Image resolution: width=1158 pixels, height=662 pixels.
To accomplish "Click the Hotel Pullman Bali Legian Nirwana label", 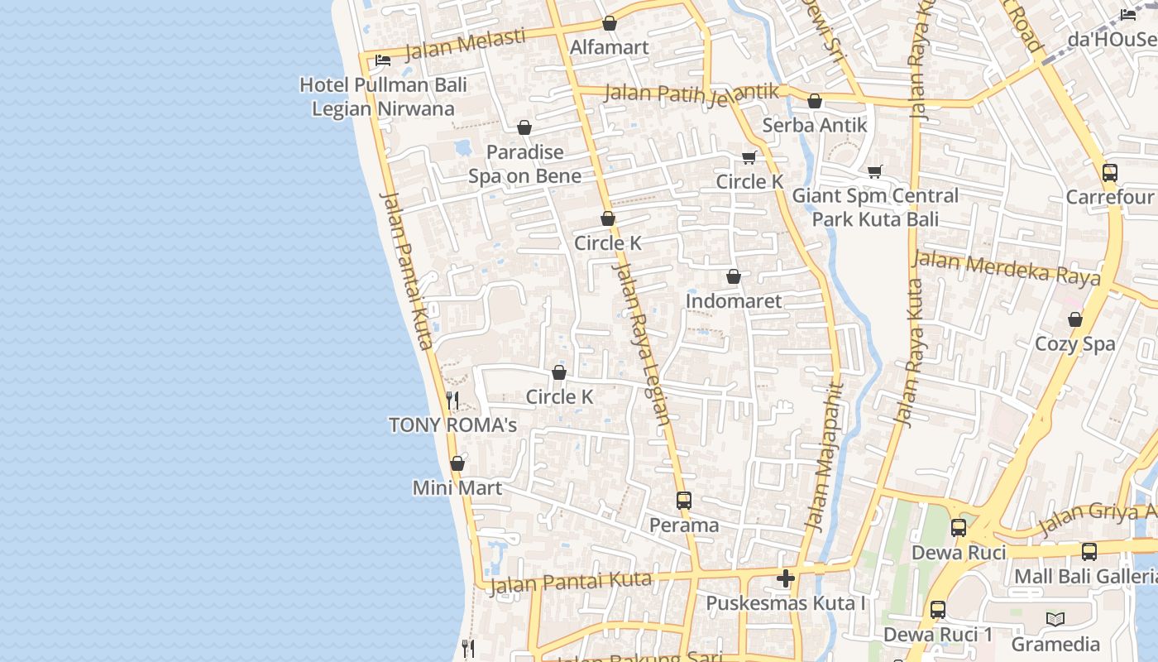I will pyautogui.click(x=383, y=97).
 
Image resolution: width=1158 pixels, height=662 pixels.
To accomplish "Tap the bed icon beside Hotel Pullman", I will pyautogui.click(x=383, y=60).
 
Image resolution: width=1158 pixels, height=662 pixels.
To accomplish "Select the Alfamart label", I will pyautogui.click(x=610, y=47).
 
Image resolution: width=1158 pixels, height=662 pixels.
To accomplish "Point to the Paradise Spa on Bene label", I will pyautogui.click(x=524, y=164).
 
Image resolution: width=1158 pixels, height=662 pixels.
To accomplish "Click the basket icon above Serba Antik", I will pyautogui.click(x=815, y=102).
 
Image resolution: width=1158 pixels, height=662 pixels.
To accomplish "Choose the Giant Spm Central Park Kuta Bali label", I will pyautogui.click(x=875, y=208).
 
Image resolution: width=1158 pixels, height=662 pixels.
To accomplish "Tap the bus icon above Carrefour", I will pyautogui.click(x=1109, y=173).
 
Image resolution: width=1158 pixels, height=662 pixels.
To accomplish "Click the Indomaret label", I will pyautogui.click(x=733, y=301).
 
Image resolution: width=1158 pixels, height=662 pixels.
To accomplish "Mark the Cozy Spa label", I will pyautogui.click(x=1075, y=344).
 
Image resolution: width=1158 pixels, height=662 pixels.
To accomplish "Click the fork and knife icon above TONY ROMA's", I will pyautogui.click(x=452, y=401).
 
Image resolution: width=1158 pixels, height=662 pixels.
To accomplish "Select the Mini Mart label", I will pyautogui.click(x=457, y=488).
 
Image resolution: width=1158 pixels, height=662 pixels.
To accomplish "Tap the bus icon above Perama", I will pyautogui.click(x=684, y=501).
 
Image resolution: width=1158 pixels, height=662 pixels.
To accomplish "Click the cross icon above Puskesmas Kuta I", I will pyautogui.click(x=786, y=578).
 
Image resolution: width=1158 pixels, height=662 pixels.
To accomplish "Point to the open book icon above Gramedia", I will pyautogui.click(x=1055, y=619).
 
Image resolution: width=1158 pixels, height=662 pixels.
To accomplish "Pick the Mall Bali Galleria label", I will pyautogui.click(x=1085, y=577).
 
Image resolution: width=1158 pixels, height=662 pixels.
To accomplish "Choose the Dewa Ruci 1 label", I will pyautogui.click(x=938, y=635).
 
